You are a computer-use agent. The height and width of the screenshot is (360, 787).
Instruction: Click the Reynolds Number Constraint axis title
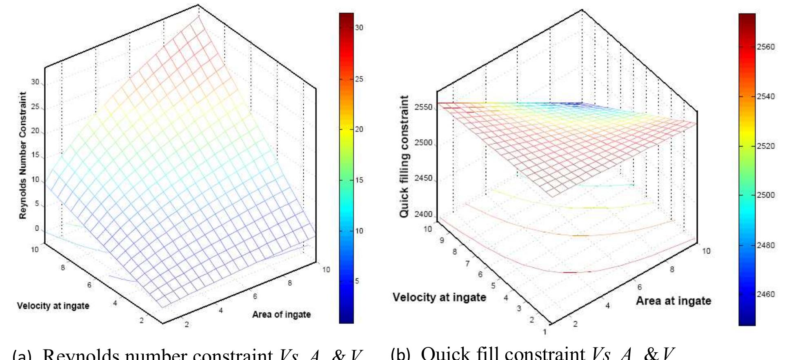[x=24, y=155]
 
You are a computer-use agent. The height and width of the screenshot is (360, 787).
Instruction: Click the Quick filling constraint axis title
[x=405, y=157]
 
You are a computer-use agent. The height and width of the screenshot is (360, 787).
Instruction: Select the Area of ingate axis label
[x=281, y=314]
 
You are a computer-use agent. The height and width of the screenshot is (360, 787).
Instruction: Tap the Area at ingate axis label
[x=674, y=301]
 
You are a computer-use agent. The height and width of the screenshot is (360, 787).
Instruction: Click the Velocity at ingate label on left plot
[x=53, y=305]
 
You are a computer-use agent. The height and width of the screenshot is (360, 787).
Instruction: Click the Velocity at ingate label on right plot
[x=439, y=297]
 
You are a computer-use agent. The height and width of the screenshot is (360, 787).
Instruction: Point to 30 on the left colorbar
[x=359, y=28]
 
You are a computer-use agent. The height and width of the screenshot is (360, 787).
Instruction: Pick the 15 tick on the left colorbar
[x=359, y=180]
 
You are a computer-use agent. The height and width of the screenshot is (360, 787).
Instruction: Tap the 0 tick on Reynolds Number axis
[x=37, y=229]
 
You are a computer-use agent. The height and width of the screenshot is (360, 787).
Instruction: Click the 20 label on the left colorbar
[x=359, y=129]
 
